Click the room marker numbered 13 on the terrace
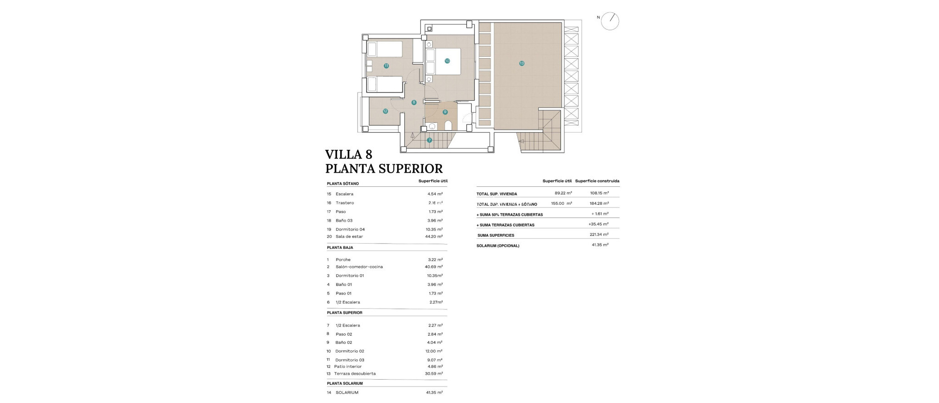[522, 63]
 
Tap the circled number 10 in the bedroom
[447, 61]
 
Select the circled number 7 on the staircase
[430, 140]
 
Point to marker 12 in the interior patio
[385, 111]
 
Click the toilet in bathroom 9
[448, 125]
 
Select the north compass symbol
[610, 21]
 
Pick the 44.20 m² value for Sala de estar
[434, 237]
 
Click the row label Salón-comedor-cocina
[359, 267]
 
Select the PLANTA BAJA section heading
[340, 248]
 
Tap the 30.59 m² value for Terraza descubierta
[434, 374]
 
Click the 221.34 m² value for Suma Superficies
[599, 234]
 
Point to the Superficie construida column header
[597, 181]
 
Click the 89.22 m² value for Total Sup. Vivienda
[563, 193]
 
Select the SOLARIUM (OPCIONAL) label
[498, 246]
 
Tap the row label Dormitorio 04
[350, 229]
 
